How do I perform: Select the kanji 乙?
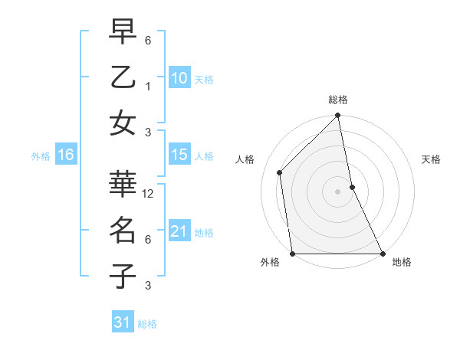point(123,78)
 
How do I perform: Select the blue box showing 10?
point(179,77)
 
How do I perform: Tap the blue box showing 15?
point(179,155)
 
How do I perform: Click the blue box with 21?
point(179,231)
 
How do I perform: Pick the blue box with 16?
point(65,155)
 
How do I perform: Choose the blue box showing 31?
point(122,322)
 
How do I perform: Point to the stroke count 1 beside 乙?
point(148,87)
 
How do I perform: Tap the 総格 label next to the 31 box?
point(147,324)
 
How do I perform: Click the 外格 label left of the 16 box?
point(41,156)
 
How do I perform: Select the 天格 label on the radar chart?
point(431,159)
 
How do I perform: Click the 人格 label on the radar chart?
point(245,159)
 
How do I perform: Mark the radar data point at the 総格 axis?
point(337,116)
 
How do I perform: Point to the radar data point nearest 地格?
point(382,253)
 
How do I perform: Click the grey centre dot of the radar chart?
point(337,191)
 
